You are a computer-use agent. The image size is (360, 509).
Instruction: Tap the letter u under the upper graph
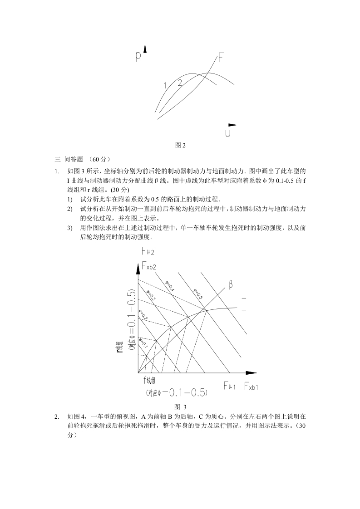pyautogui.click(x=227, y=133)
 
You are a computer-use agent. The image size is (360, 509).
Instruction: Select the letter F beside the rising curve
pyautogui.click(x=221, y=58)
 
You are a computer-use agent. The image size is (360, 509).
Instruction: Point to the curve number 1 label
pyautogui.click(x=166, y=85)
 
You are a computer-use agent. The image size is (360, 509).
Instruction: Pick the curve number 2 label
pyautogui.click(x=180, y=83)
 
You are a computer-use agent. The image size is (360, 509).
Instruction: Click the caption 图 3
pyautogui.click(x=181, y=406)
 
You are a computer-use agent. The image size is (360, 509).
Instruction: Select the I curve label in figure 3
pyautogui.click(x=244, y=304)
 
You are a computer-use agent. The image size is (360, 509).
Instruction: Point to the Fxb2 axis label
pyautogui.click(x=149, y=266)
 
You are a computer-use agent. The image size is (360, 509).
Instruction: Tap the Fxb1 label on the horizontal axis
pyautogui.click(x=251, y=386)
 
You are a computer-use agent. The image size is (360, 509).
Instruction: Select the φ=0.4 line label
pyautogui.click(x=170, y=285)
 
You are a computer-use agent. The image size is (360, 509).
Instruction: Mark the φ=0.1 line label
pyautogui.click(x=143, y=343)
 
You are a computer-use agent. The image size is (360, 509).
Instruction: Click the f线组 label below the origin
pyautogui.click(x=151, y=380)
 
